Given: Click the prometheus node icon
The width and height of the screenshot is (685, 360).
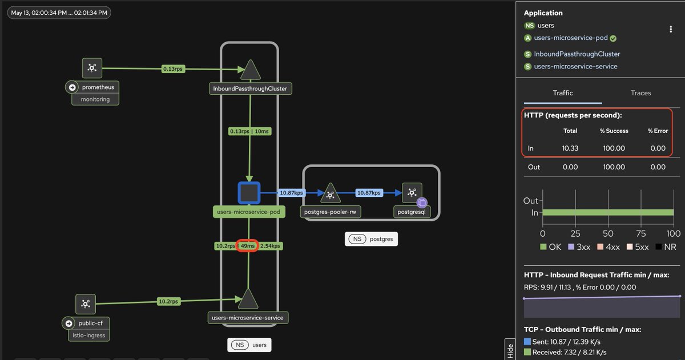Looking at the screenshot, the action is coord(92,68).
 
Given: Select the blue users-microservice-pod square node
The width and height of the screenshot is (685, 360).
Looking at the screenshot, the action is coord(249,193).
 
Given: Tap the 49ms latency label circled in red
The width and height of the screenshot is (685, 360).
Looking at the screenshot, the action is coord(247,246).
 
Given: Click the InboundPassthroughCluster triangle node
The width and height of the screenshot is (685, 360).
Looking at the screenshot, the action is coord(251,70).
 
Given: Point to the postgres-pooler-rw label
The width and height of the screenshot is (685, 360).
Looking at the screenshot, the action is coord(331,212).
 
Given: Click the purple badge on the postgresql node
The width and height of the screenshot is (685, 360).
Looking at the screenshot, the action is coord(422,203).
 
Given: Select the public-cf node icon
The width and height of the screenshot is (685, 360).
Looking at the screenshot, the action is coord(86,304).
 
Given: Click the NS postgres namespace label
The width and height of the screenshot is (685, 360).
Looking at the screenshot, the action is coord(371,239).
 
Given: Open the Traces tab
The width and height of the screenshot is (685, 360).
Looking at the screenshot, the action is coord(640,93).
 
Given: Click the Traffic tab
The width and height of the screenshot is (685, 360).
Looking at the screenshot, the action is coord(563,93).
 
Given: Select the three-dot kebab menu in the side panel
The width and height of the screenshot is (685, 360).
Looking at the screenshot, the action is coord(671,29).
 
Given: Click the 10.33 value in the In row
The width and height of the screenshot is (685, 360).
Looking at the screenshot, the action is coord(570,148).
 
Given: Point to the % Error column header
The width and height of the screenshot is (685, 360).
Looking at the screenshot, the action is coord(658,131).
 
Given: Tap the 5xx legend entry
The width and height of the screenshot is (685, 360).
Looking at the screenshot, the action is coord(638,247).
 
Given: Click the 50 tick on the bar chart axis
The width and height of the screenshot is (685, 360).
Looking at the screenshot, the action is coord(608,234).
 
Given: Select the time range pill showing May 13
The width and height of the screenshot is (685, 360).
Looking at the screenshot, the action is coord(59,13).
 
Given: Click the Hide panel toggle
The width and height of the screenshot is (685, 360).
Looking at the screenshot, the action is coord(510,349).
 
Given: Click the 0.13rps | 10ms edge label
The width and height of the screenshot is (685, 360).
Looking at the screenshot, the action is coord(249,131).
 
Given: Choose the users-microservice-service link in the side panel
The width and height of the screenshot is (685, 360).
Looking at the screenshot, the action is coord(575,66).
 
